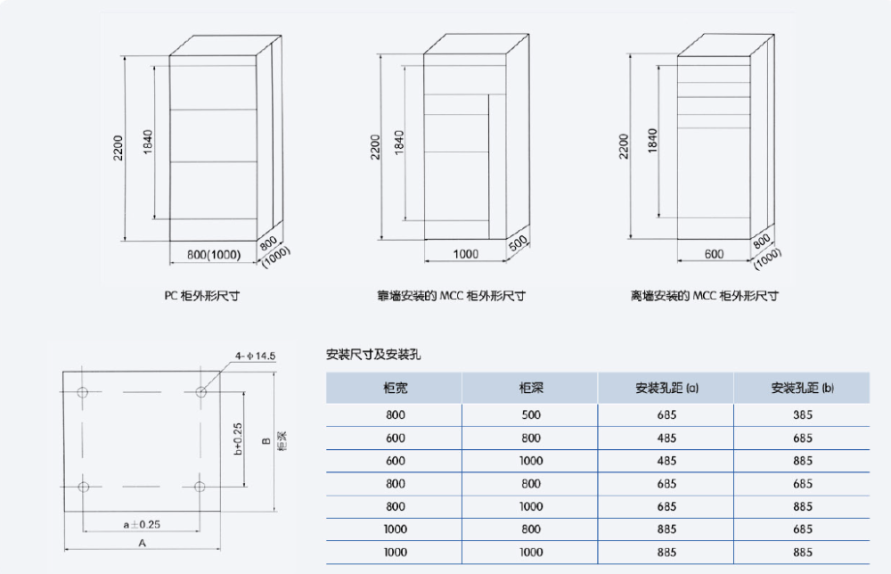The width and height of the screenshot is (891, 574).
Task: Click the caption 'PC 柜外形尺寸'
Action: pos(201,296)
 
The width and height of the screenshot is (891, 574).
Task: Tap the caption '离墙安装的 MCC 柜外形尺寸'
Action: pos(705,296)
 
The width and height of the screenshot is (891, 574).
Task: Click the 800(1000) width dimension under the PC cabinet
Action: pos(213,254)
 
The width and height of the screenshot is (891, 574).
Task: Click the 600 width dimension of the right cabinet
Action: pos(714,254)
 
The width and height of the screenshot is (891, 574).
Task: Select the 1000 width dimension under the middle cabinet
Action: pos(466,254)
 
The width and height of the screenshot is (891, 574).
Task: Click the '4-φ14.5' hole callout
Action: pos(256,356)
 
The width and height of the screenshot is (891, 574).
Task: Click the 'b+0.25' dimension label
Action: pos(237,439)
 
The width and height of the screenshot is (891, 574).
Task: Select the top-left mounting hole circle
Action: pos(83,392)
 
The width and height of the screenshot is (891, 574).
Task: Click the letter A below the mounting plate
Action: pos(142,542)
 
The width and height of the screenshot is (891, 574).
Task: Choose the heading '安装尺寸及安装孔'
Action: pos(373,355)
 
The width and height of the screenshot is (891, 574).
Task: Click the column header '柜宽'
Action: pos(396,389)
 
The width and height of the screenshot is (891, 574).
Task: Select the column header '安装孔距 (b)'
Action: pos(802,389)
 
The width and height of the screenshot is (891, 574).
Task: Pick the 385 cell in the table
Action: pos(802,415)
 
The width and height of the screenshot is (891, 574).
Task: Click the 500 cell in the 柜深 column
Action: pos(530,415)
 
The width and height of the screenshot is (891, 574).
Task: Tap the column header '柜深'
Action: pos(530,389)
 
